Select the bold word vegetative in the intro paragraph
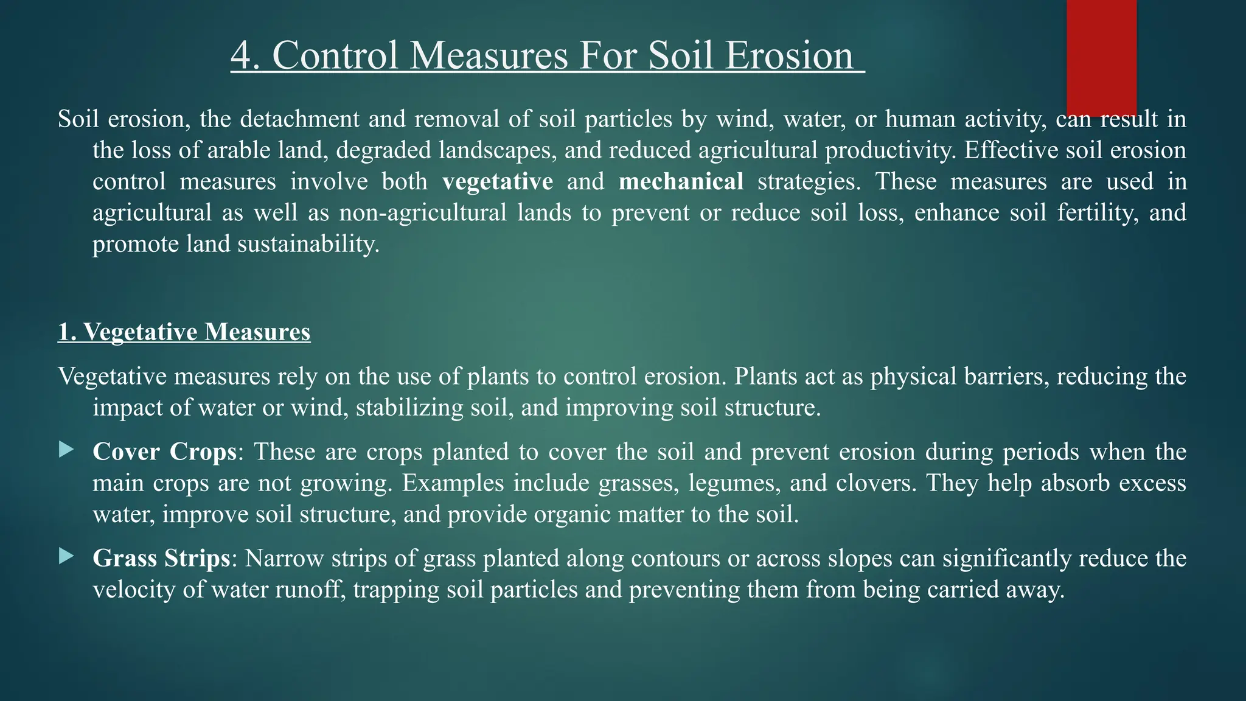tap(498, 181)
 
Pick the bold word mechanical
tap(681, 181)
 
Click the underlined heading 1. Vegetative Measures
tap(184, 332)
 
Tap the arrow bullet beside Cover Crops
tap(66, 450)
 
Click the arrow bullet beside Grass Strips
tap(66, 556)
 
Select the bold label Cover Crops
tap(164, 452)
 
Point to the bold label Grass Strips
tap(161, 559)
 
